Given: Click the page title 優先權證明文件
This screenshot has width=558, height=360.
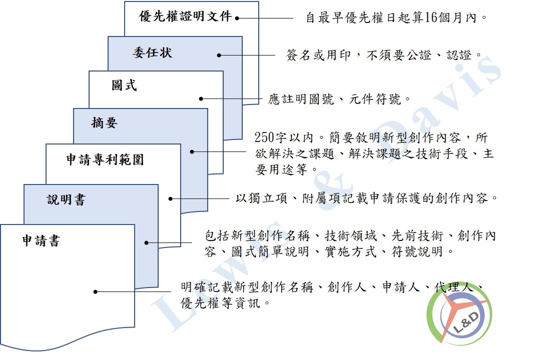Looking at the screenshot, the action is [x=185, y=16].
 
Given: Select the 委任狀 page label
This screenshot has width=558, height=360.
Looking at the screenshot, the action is [x=153, y=53].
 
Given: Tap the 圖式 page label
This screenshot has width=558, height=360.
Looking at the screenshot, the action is [x=124, y=85].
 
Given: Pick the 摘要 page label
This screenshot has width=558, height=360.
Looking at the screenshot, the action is [x=104, y=122].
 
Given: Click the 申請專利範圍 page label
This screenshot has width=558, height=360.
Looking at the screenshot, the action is [x=105, y=159].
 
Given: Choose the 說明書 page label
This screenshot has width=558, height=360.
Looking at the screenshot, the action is [x=66, y=199].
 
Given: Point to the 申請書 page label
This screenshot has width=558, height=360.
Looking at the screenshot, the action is [x=41, y=240].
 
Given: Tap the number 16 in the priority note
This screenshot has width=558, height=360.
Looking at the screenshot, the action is [x=431, y=17].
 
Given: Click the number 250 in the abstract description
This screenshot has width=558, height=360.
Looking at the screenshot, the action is [x=264, y=137].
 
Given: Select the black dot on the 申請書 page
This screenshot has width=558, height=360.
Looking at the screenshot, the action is [x=96, y=292].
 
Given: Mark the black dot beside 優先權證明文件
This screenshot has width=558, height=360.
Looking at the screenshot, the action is [x=237, y=18].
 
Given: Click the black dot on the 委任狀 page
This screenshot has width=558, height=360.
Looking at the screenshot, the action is [x=219, y=55].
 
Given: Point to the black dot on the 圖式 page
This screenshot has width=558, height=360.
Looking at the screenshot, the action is [x=201, y=99].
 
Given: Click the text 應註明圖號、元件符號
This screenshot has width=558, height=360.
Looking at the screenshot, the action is [x=335, y=99].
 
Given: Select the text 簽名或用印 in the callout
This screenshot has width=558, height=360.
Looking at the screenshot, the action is [x=318, y=55].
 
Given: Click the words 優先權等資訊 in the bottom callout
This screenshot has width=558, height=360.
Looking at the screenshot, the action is [x=220, y=303].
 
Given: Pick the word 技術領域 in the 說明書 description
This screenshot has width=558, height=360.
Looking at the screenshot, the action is [x=350, y=235].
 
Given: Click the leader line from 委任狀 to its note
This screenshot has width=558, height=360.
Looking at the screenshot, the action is [x=247, y=55].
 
